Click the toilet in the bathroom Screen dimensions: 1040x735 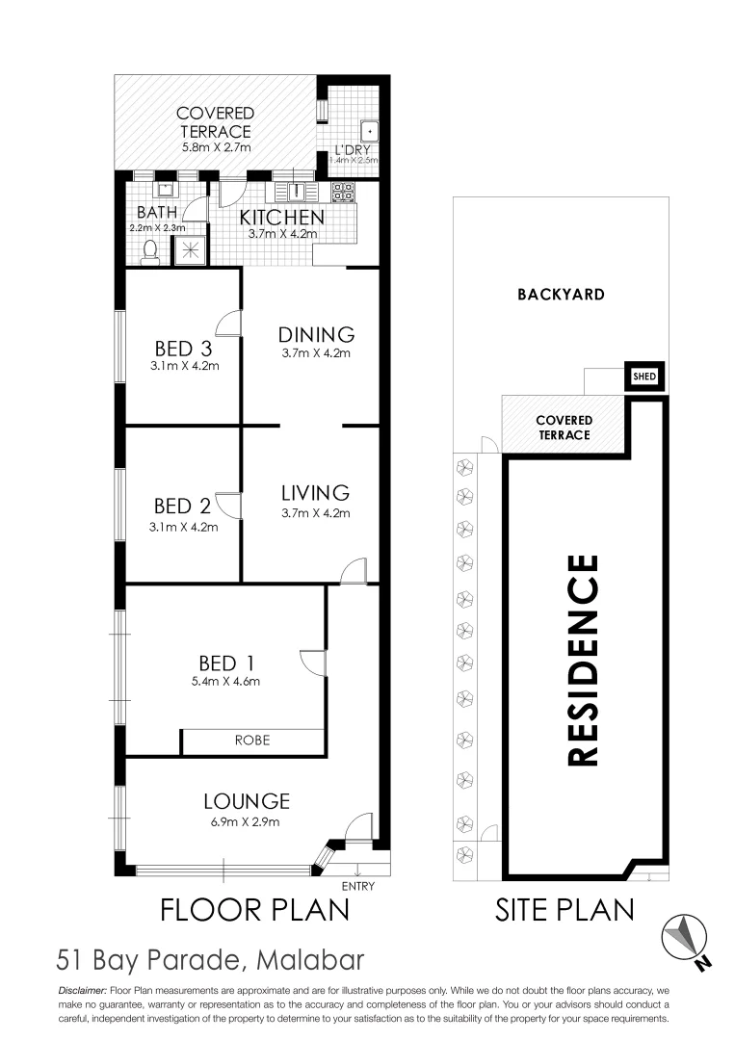coord(150,251)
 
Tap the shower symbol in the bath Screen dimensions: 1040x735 coord(190,250)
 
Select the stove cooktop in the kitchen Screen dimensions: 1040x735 coord(343,192)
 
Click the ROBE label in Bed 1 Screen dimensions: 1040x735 coord(252,741)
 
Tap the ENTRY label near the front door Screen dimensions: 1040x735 coord(357,887)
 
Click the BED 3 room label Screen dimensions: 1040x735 coord(183,349)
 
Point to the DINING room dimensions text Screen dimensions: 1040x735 coord(317,354)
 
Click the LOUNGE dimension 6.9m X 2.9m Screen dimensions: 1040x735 coord(247,821)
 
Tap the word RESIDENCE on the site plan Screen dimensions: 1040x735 coord(584,660)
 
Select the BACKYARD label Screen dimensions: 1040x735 coord(562,295)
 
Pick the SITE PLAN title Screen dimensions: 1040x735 coord(564,910)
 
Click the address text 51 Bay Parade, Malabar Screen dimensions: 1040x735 coord(211,960)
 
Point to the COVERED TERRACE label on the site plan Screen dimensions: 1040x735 coord(564,428)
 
